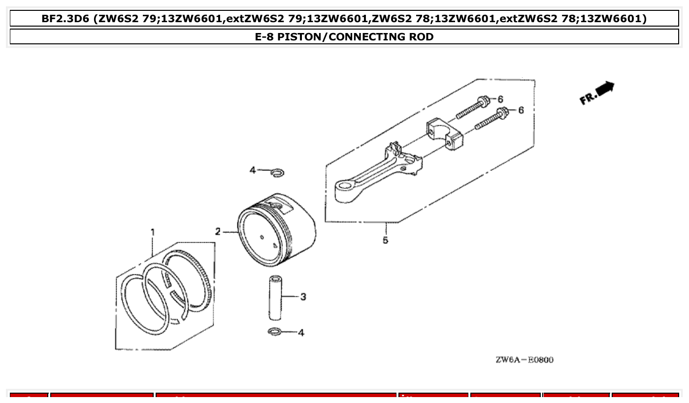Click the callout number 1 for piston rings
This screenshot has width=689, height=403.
[153, 232]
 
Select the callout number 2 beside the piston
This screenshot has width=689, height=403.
[218, 232]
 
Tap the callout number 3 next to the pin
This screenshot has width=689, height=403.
[303, 297]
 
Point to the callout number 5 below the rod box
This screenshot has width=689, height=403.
[385, 240]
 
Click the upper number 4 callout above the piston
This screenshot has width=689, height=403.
[253, 170]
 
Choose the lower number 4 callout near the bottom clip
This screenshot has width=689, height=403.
[301, 333]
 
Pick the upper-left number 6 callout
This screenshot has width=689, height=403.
[500, 99]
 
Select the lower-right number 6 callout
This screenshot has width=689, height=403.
[521, 110]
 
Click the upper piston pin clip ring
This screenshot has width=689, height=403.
[278, 172]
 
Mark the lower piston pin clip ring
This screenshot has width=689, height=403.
[275, 332]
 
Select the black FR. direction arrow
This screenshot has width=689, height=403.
[605, 89]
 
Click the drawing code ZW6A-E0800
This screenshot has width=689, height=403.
[524, 360]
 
